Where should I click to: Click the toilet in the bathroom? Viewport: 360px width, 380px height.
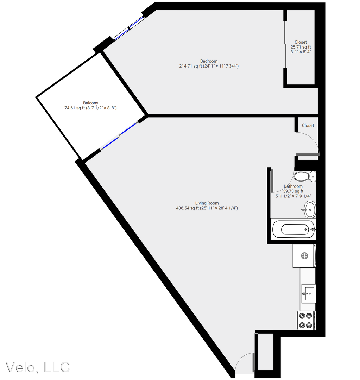tap(305, 176)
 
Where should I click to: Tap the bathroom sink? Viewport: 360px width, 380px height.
tap(310, 209)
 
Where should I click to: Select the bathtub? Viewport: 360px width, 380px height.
tap(293, 229)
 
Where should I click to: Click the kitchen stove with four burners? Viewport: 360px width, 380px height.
tap(306, 321)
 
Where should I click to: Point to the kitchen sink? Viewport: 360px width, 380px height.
tap(309, 294)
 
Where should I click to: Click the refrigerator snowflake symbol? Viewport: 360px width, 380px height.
tap(304, 255)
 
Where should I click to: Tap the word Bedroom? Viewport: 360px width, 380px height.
tap(209, 61)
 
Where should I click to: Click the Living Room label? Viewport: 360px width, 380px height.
tap(207, 203)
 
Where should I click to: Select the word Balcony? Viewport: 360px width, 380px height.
tap(90, 103)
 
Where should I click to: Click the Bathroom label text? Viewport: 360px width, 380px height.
tap(293, 186)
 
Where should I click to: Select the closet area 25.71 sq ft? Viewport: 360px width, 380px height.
tap(301, 47)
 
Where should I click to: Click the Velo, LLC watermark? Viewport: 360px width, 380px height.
tap(38, 367)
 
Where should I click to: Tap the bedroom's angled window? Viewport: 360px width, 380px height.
tap(128, 28)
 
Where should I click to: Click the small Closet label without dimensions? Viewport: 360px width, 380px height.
tap(308, 125)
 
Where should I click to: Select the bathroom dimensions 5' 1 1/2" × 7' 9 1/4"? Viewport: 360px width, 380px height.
tap(293, 196)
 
